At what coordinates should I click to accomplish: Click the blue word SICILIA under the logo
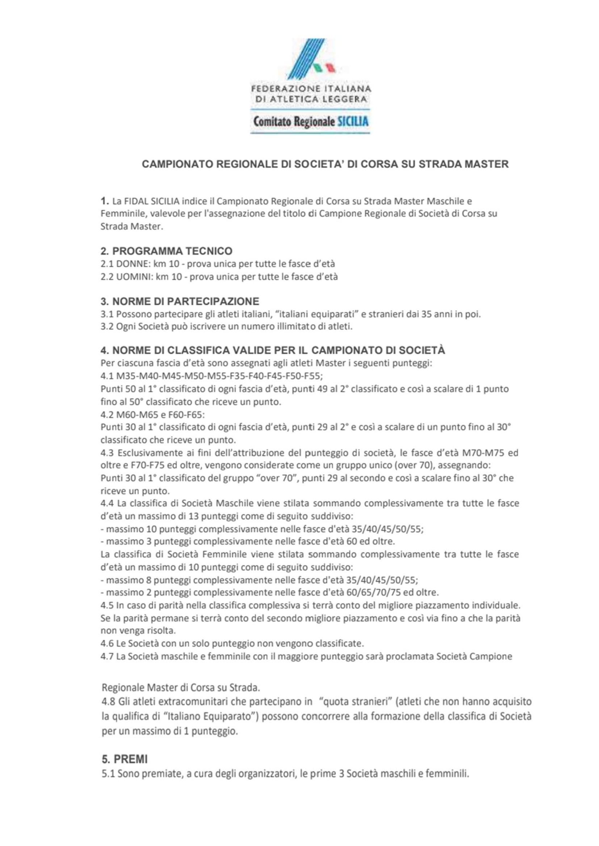pyautogui.click(x=353, y=122)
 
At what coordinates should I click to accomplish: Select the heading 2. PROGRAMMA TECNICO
pyautogui.click(x=166, y=251)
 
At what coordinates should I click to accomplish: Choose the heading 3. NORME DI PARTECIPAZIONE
pyautogui.click(x=180, y=301)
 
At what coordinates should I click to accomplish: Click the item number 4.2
pyautogui.click(x=107, y=415)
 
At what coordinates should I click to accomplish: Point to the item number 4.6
pyautogui.click(x=107, y=644)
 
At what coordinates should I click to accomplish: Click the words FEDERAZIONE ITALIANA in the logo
pyautogui.click(x=311, y=89)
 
